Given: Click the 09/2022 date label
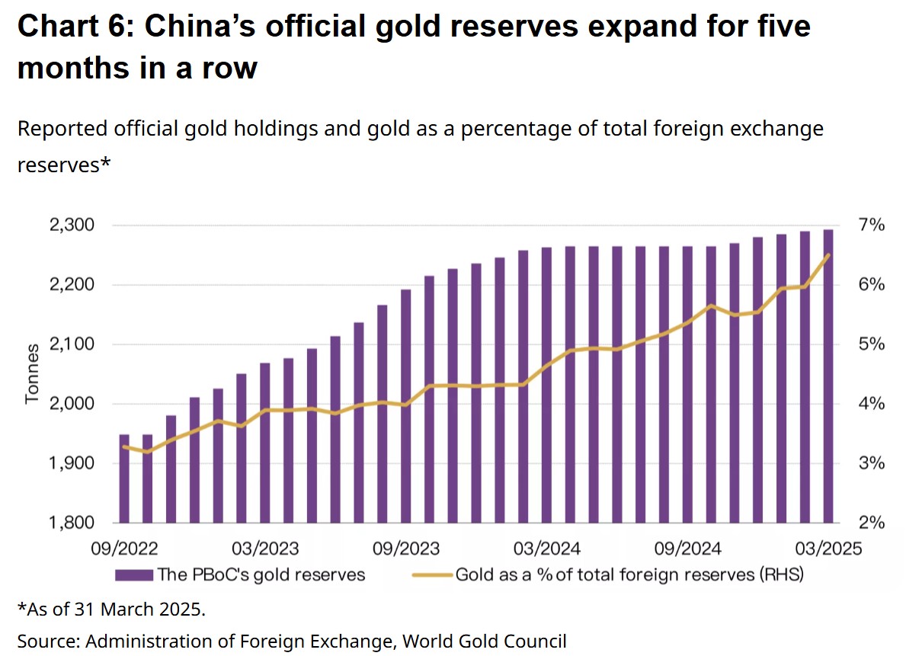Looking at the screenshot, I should (124, 549).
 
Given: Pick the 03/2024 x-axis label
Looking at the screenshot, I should (546, 549).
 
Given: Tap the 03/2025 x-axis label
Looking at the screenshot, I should (828, 549).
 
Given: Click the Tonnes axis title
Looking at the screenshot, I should (32, 374).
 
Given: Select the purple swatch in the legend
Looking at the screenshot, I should (133, 574).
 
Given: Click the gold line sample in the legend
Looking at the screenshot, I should (431, 574).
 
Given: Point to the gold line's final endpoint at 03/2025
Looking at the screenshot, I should (828, 255).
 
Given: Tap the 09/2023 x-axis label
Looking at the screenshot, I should (405, 549).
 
